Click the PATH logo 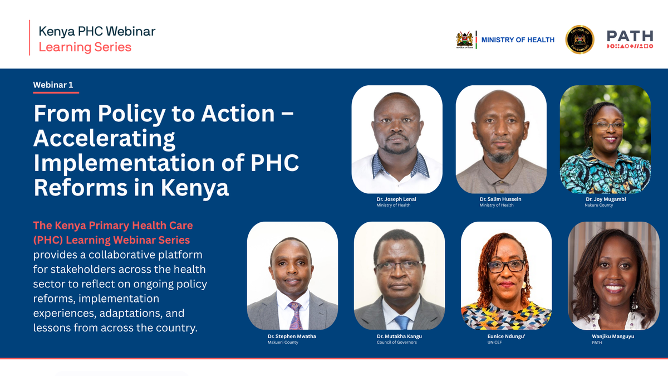[x=630, y=40]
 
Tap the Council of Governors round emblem [x=579, y=40]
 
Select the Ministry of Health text [x=518, y=40]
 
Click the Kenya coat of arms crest [x=465, y=40]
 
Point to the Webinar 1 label [x=53, y=85]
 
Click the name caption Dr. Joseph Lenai [x=396, y=199]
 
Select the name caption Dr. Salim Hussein [x=500, y=199]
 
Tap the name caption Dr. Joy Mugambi [x=606, y=199]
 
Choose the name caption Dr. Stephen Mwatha [x=292, y=336]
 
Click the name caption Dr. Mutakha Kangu [x=399, y=336]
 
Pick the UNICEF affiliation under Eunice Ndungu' [x=494, y=342]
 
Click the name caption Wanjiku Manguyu [x=613, y=336]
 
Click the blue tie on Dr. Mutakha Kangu [x=402, y=323]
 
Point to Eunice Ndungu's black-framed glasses [x=507, y=266]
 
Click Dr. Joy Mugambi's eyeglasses [x=608, y=125]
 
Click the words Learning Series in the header [x=85, y=47]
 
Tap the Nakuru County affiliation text [x=598, y=205]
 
